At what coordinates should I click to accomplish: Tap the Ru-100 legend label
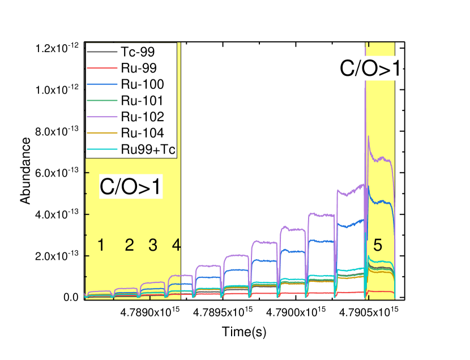point(142,84)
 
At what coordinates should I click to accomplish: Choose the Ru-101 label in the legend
point(142,101)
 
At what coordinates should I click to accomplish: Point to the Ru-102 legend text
point(142,117)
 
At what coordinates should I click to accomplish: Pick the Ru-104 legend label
point(142,133)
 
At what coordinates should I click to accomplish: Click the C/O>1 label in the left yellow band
point(131,187)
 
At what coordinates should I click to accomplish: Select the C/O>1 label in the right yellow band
point(371,68)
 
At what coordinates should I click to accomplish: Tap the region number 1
point(101,246)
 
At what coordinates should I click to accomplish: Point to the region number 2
point(129,246)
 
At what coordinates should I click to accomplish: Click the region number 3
point(153,246)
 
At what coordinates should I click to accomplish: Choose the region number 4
point(176,246)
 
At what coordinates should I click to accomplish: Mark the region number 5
point(378,246)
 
